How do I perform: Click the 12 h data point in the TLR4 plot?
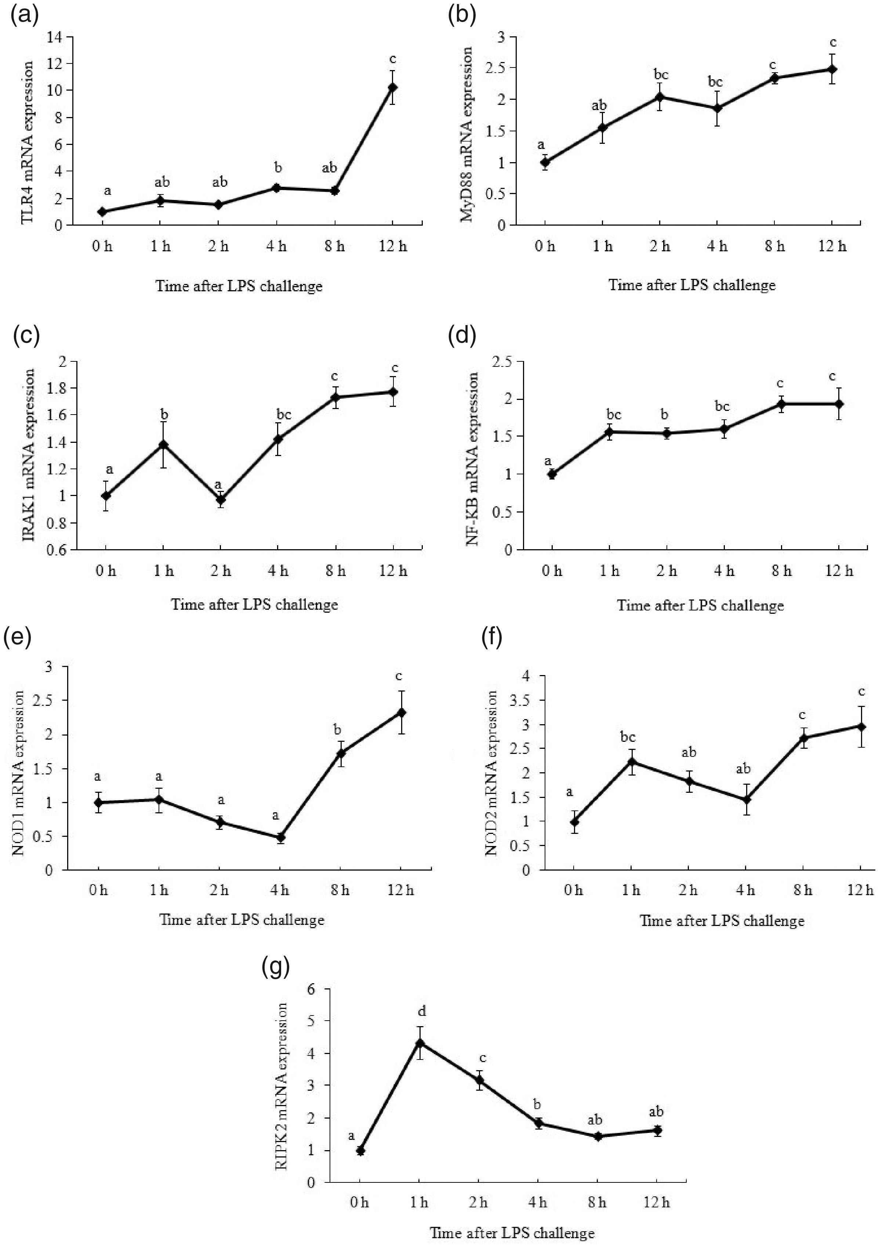coord(392,87)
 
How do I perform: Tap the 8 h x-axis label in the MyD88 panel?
coord(774,247)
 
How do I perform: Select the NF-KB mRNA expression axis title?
coord(473,459)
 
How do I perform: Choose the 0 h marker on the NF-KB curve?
coord(552,474)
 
